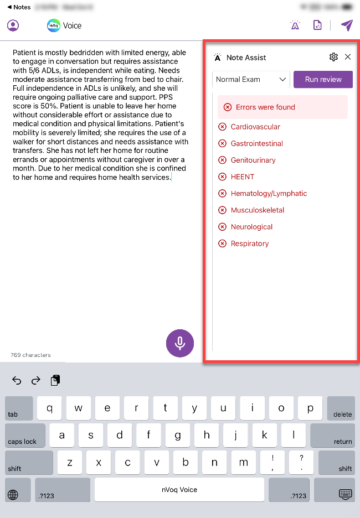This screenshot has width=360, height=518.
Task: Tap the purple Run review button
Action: tap(323, 79)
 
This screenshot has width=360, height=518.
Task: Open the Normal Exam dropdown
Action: tap(251, 79)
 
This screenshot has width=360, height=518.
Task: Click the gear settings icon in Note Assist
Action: tap(333, 57)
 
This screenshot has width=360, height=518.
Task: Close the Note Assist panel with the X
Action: tap(348, 57)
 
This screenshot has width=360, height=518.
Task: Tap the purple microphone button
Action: tap(180, 343)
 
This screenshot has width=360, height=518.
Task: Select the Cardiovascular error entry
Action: tap(255, 127)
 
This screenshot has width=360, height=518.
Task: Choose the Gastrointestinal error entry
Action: tap(256, 143)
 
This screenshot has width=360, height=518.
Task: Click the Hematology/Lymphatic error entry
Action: tap(269, 193)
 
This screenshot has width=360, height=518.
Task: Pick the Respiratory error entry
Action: tap(250, 244)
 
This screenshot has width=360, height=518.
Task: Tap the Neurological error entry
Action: tap(251, 227)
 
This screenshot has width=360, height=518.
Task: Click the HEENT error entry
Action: tap(243, 177)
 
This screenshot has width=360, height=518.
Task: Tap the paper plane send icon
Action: tap(347, 25)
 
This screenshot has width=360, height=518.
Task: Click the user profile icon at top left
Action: tap(13, 25)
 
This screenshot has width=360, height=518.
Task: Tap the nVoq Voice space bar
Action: tap(179, 490)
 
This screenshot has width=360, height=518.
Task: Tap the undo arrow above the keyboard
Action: tap(17, 380)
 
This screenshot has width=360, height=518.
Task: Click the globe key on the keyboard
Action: tap(13, 495)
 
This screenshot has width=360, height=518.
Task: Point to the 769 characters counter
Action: tap(30, 355)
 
